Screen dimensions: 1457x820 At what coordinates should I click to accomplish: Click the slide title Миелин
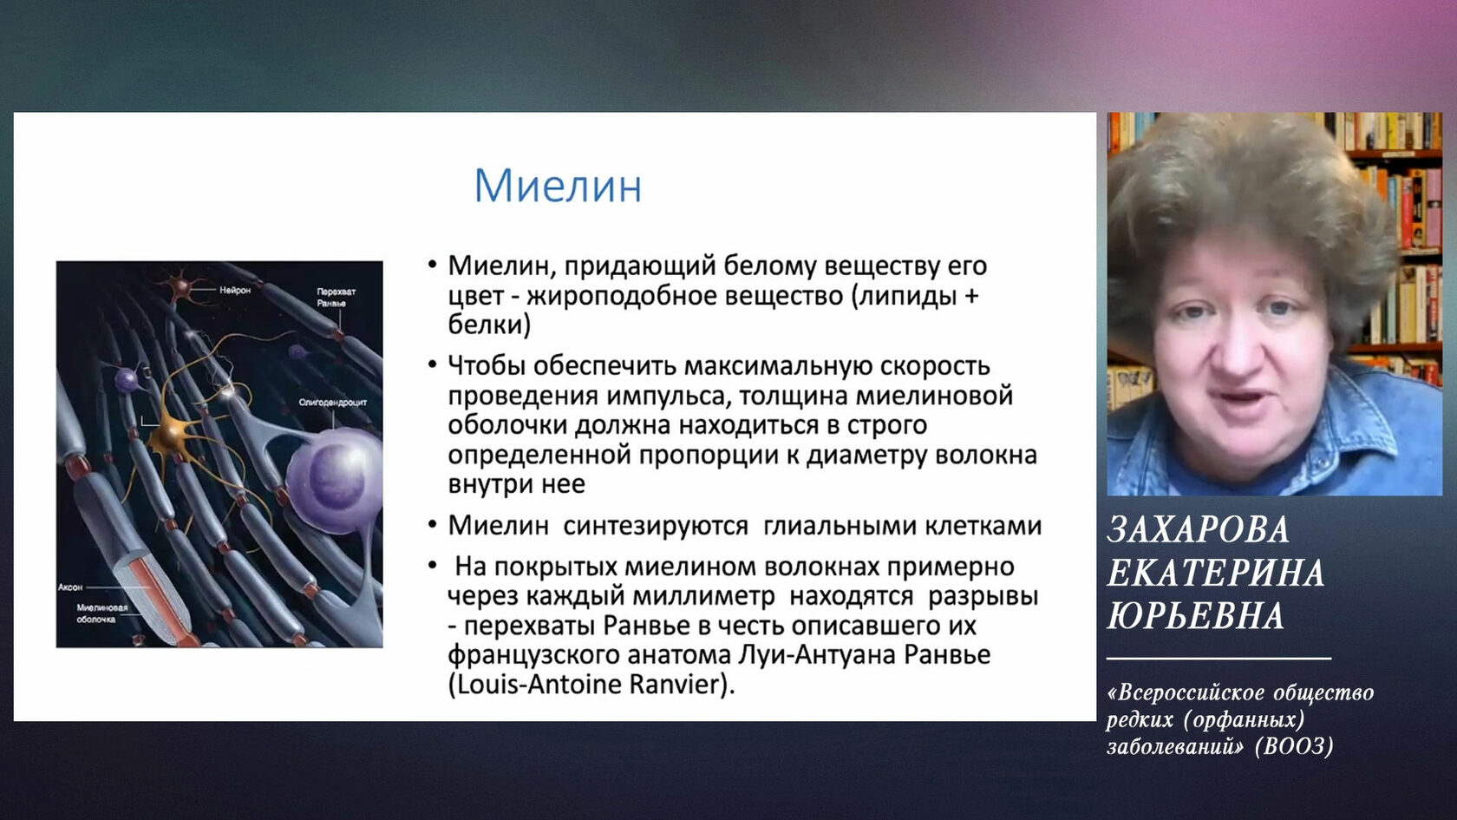click(x=559, y=186)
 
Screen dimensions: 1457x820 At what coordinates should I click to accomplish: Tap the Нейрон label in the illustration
click(x=235, y=290)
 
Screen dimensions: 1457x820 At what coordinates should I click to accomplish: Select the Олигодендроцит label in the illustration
click(x=332, y=403)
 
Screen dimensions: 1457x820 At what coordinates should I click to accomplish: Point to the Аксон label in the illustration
click(x=70, y=587)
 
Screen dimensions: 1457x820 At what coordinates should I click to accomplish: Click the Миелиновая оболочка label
click(x=102, y=613)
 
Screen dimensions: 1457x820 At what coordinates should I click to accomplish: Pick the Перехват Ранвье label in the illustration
click(x=336, y=298)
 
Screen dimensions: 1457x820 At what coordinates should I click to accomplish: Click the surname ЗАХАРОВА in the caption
click(x=1199, y=529)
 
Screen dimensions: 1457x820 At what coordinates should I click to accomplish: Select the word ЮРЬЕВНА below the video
click(x=1195, y=616)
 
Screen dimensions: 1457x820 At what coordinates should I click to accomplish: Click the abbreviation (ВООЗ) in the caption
click(x=1294, y=746)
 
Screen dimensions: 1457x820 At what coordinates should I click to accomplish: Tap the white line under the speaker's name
click(x=1219, y=659)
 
